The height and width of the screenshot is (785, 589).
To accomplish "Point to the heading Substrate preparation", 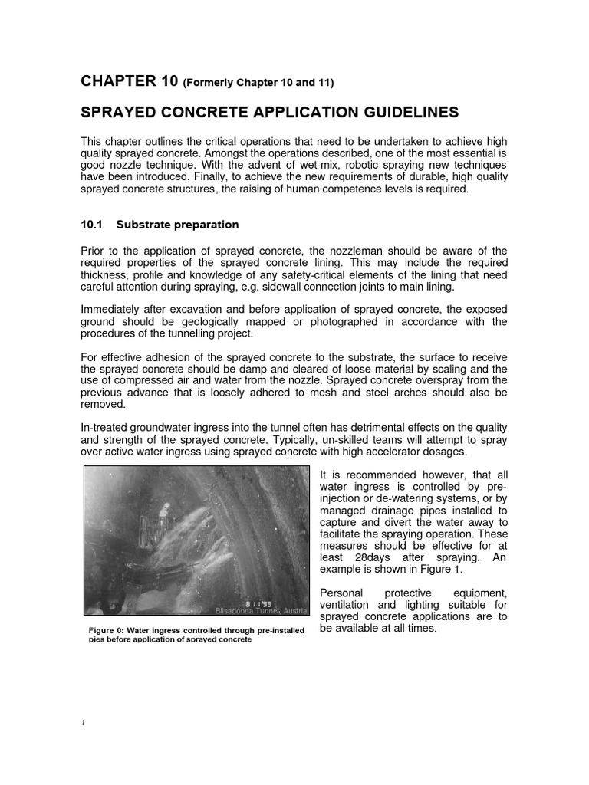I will [x=177, y=225].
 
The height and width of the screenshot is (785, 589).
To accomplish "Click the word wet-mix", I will [x=295, y=165].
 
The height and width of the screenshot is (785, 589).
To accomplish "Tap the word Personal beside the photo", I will [x=340, y=592].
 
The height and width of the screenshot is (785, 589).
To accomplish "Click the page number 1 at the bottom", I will [x=82, y=723].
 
